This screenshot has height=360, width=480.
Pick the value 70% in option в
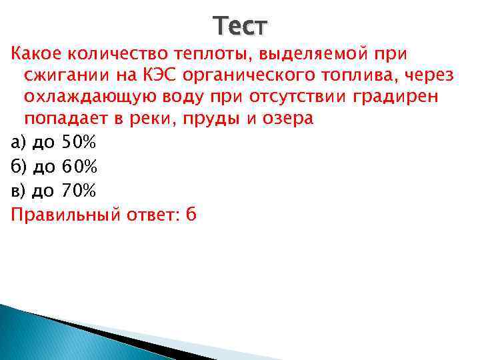79,191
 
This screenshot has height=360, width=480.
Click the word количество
119,52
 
